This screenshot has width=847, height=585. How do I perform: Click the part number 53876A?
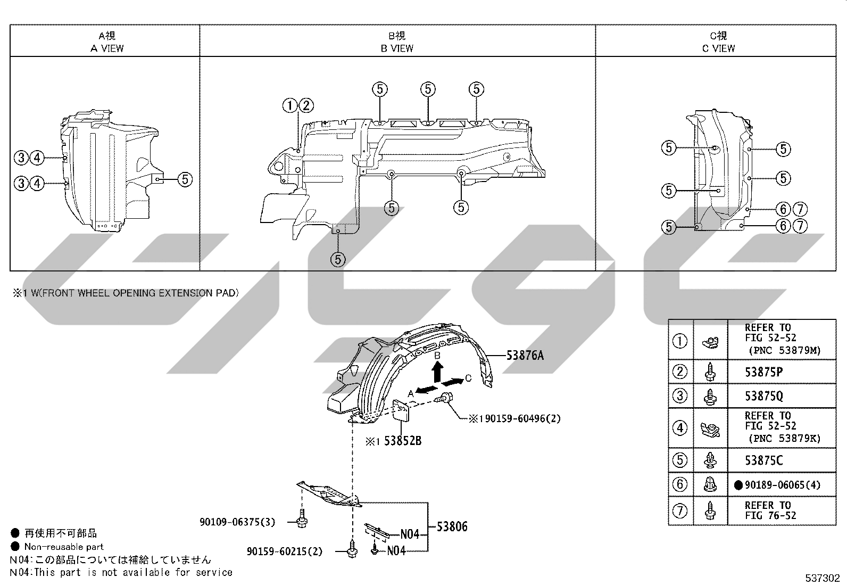pos(525,356)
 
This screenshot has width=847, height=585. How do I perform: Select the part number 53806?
pos(452,526)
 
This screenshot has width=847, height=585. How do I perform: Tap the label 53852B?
pos(403,441)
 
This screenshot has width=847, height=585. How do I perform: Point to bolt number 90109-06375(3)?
pos(237,522)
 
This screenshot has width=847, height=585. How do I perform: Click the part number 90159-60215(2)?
pos(285,551)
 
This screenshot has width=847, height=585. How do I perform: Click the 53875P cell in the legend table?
pos(764,372)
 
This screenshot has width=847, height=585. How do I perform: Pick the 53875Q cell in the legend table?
pos(764,396)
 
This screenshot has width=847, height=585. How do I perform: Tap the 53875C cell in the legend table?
pos(764,460)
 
